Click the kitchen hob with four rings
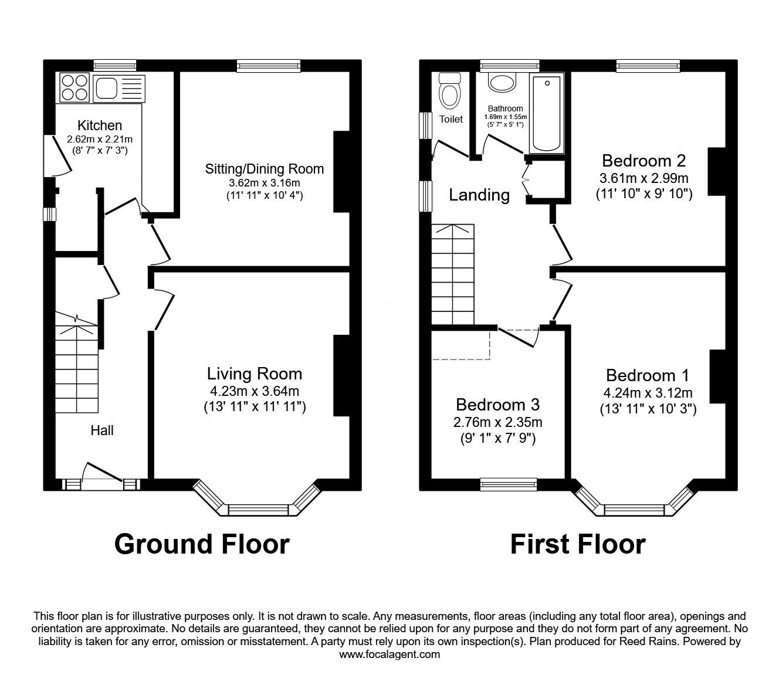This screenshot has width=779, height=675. coord(74,87)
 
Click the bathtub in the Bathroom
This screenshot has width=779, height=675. coord(547,113)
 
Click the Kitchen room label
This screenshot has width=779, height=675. coord(100,125)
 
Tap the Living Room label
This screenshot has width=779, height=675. coord(255,374)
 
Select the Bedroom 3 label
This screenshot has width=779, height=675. coord(497,405)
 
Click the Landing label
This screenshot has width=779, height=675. coord(479,195)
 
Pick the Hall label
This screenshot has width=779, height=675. coord(101,430)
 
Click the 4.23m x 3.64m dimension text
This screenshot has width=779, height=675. coord(255,391)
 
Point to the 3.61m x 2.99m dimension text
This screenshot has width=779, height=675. coord(643,178)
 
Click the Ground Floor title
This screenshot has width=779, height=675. coord(202,545)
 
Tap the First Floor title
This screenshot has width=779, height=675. coord(578,545)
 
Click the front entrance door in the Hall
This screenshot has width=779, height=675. coord(101,473)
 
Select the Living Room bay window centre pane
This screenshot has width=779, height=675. coord(258,510)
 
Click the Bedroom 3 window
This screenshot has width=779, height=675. coord(509,484)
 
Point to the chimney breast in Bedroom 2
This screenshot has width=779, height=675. coord(716,171)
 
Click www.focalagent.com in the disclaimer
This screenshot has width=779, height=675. coord(389,654)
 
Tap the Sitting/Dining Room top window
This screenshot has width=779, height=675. coord(269,66)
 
